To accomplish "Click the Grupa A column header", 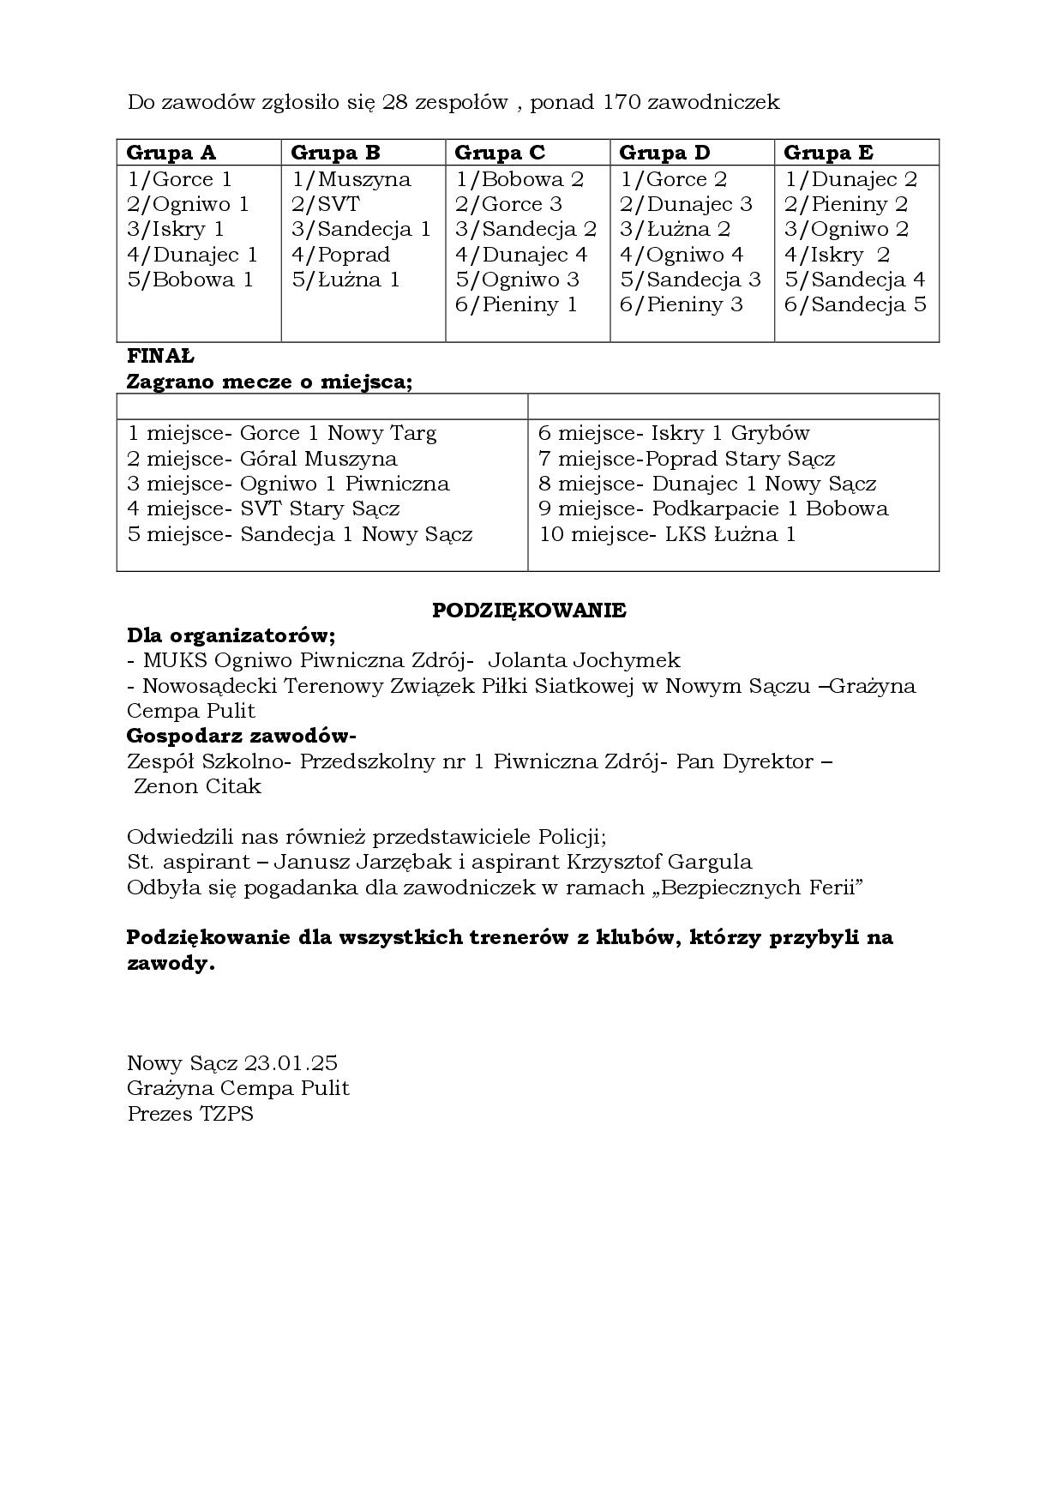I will [171, 153].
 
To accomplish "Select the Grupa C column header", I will [500, 153].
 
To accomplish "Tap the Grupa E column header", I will [828, 153].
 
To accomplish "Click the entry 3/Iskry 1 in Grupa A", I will [176, 229].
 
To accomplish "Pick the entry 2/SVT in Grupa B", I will [325, 204].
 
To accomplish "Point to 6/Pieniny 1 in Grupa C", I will [516, 304].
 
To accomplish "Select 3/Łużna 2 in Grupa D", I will [675, 229].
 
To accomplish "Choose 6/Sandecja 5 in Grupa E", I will [855, 304].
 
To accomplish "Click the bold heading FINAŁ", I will [160, 356].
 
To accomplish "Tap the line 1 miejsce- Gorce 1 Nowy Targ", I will [282, 433].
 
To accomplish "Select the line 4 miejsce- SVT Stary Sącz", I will [263, 508].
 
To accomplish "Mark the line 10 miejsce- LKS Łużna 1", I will [667, 534].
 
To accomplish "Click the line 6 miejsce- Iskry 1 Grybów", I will [674, 433].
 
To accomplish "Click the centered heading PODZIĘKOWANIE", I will [529, 611].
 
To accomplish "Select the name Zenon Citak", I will [197, 786].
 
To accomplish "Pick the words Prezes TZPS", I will [190, 1114].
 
